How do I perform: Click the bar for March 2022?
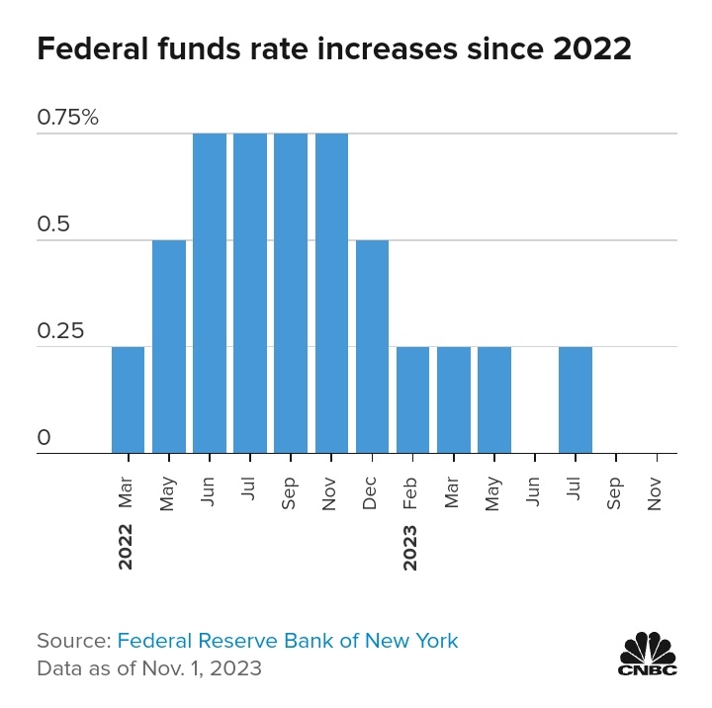coord(128,400)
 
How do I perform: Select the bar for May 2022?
coord(169,347)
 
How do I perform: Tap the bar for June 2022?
coord(210,294)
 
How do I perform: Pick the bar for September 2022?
coord(291,294)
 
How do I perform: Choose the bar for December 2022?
coord(372,347)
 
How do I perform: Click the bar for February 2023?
coord(412,400)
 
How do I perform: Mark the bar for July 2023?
coord(576,400)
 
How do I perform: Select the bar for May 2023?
coord(494,400)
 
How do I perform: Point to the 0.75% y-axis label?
coord(68,118)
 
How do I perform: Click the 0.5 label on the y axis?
coord(53,224)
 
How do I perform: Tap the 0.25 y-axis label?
coord(59,331)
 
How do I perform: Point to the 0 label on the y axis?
coord(44,438)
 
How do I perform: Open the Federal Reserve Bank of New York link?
coord(288,641)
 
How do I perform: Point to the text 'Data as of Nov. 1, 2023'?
coord(149,668)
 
